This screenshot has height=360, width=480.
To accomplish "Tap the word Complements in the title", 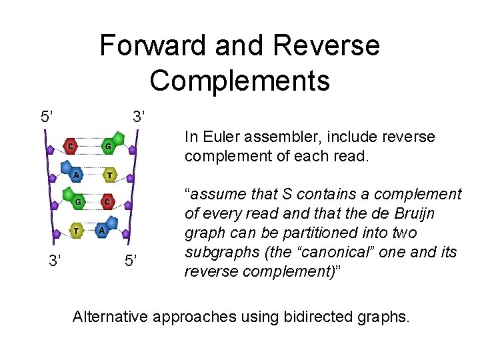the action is point(239,81).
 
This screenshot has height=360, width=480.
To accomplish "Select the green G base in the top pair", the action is point(107,146).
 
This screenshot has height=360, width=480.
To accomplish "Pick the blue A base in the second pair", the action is point(76,175).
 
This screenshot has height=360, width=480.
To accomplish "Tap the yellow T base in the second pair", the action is point(109,175).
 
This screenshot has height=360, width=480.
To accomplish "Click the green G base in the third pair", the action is point(77,201).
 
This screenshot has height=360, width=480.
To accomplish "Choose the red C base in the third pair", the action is point(107,201).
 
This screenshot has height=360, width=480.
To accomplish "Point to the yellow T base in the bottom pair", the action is point(77,231).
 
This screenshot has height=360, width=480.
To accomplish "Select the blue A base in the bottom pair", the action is point(102,230).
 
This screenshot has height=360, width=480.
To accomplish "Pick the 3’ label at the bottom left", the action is point(57,261).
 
